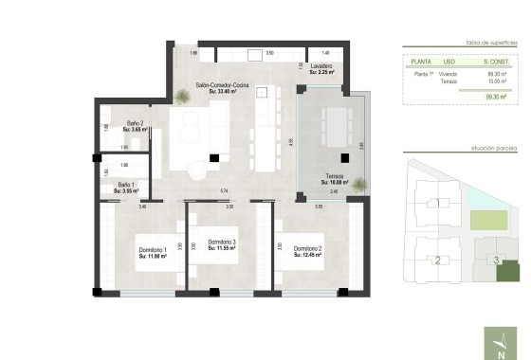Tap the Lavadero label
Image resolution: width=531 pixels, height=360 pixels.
pos(320,66)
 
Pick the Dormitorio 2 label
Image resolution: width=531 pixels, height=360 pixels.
pos(308,249)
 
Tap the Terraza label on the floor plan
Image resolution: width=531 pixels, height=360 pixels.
pos(334,176)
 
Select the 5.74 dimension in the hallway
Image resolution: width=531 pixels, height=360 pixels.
pos(225,192)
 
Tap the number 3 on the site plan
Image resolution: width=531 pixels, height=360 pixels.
pos(495,260)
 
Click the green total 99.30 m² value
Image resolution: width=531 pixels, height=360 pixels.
pos(494,96)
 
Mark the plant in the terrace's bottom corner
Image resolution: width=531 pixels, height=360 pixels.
pos(358,186)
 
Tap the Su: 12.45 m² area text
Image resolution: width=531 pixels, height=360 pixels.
pos(308,256)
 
